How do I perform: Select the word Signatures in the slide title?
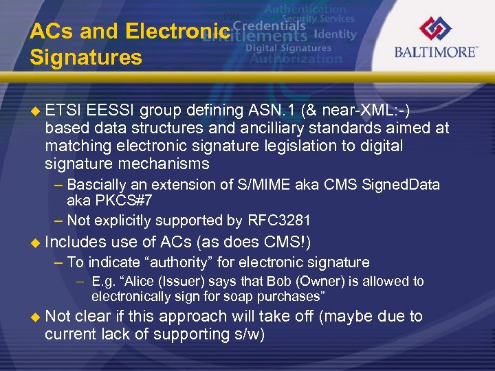[86, 57]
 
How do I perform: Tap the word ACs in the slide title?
[52, 32]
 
